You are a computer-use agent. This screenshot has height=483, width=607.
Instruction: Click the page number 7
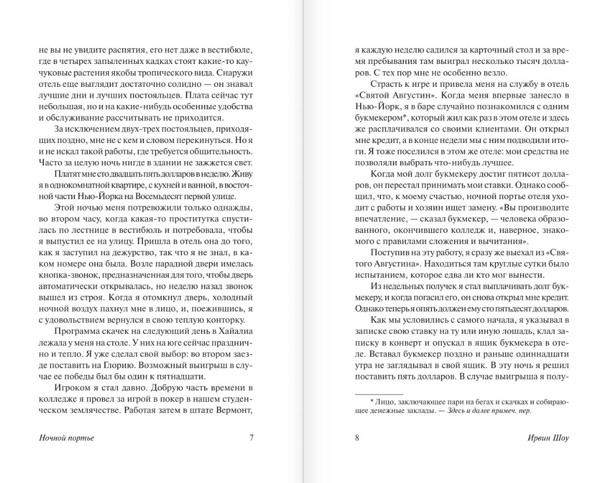point(252,438)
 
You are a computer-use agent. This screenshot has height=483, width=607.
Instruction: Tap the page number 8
point(357,438)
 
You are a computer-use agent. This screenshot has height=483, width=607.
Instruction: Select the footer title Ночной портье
point(67,438)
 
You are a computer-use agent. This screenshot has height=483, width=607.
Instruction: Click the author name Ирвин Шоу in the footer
point(548,438)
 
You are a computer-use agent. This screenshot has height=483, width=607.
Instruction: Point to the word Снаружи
point(234,73)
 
